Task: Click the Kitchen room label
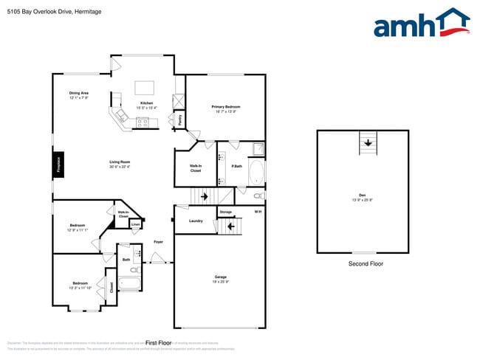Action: pos(146,103)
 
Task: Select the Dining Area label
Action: pos(79,94)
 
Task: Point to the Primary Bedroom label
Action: pos(226,108)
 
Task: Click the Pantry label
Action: pos(179,118)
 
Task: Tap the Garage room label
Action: pos(219,277)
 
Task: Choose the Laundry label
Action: pos(196,221)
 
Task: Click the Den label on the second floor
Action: pos(362,195)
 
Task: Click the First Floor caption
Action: pos(158,343)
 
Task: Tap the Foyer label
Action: pos(158,242)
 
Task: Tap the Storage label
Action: pos(225,212)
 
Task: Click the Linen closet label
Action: pos(135,224)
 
